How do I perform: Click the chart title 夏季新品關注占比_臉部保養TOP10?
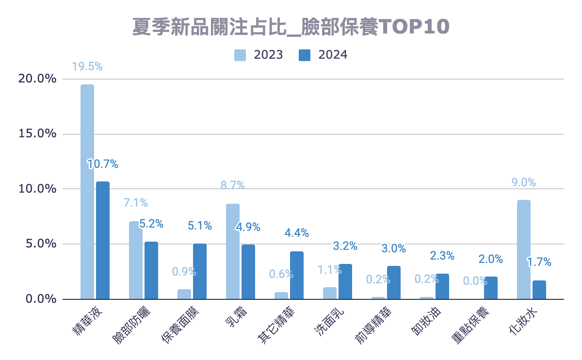pyautogui.click(x=291, y=27)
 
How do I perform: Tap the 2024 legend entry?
pyautogui.click(x=323, y=55)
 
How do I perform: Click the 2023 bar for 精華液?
pyautogui.click(x=87, y=192)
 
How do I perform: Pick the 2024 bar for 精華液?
pyautogui.click(x=103, y=240)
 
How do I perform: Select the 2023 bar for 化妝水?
pyautogui.click(x=524, y=249)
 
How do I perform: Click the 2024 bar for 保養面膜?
pyautogui.click(x=200, y=271)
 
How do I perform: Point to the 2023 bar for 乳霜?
pyautogui.click(x=233, y=251)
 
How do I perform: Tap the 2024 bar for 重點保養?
pyautogui.click(x=491, y=288)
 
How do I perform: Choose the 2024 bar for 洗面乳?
pyautogui.click(x=345, y=281)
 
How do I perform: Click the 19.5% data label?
pyautogui.click(x=87, y=67)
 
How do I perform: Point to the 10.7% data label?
pyautogui.click(x=103, y=164)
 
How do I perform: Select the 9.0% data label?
pyautogui.click(x=523, y=183)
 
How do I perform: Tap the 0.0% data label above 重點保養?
pyautogui.click(x=475, y=281)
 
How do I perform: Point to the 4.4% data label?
pyautogui.click(x=297, y=233)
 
